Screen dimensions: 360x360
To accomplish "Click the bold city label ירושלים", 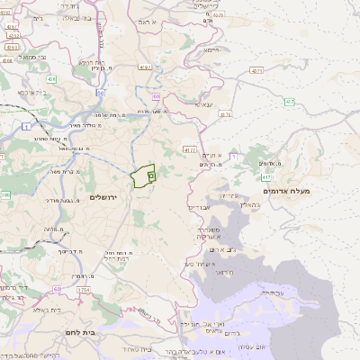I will coord(104,197).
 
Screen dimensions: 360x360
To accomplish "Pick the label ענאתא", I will coord(203,104).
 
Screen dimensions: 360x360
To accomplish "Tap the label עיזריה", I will coord(229,195).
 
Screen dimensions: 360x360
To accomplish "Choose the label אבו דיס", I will coord(198,207).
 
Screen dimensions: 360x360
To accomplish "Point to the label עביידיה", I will coord(273,292).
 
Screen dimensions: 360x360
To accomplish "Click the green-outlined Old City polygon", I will coord(142,176).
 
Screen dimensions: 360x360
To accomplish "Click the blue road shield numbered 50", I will coord(101,93).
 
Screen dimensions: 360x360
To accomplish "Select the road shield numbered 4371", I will coord(257,70).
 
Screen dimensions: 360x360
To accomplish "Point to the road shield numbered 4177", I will coord(189,148).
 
